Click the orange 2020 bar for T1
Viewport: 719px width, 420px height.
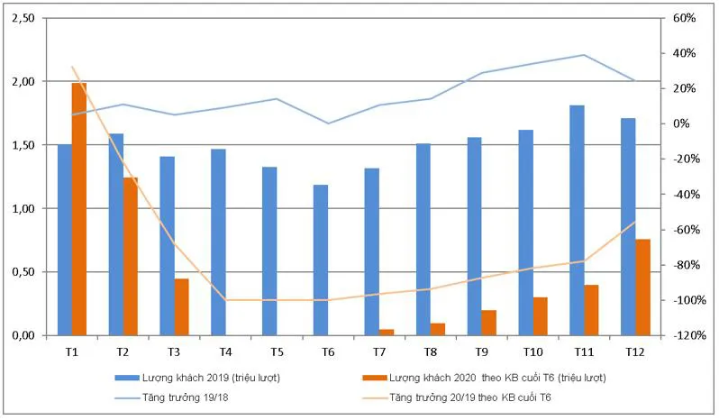point(79,209)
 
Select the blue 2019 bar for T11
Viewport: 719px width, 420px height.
point(577,220)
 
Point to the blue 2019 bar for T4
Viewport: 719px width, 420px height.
point(218,242)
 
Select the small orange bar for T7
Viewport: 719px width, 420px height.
point(387,332)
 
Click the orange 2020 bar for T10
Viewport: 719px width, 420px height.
point(540,315)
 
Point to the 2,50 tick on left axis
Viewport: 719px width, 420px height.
point(23,18)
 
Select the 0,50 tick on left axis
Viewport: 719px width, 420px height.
point(23,272)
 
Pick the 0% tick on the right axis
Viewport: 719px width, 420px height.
point(684,123)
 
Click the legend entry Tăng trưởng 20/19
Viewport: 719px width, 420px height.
point(478,397)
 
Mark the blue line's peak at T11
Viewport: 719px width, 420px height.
point(584,55)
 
